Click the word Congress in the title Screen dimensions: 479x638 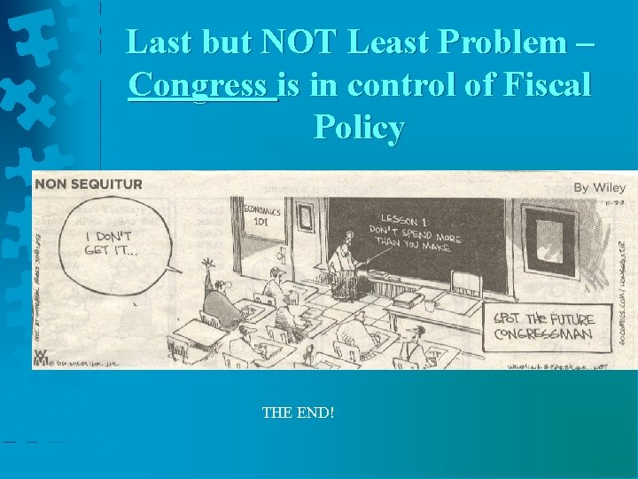pos(202,85)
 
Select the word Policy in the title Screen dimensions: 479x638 pos(359,128)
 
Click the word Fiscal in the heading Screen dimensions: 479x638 pos(546,85)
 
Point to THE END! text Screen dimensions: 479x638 pos(298,412)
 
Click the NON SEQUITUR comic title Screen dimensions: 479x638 pos(89,185)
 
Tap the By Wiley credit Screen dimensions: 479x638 pos(599,187)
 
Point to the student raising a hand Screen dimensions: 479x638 pos(218,293)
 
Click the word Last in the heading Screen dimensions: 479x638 pos(159,43)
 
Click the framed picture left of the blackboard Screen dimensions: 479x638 pos(305,217)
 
